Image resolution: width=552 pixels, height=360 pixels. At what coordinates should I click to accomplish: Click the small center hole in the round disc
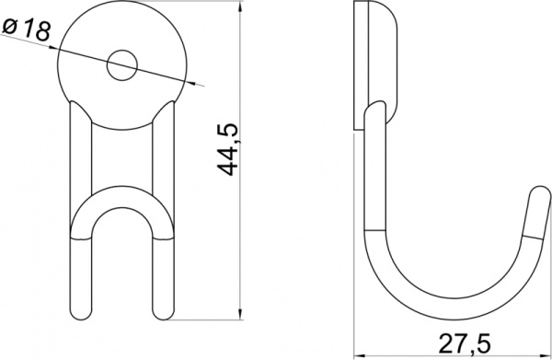(121, 64)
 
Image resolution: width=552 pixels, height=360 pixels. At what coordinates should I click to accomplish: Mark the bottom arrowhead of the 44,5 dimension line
(242, 312)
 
